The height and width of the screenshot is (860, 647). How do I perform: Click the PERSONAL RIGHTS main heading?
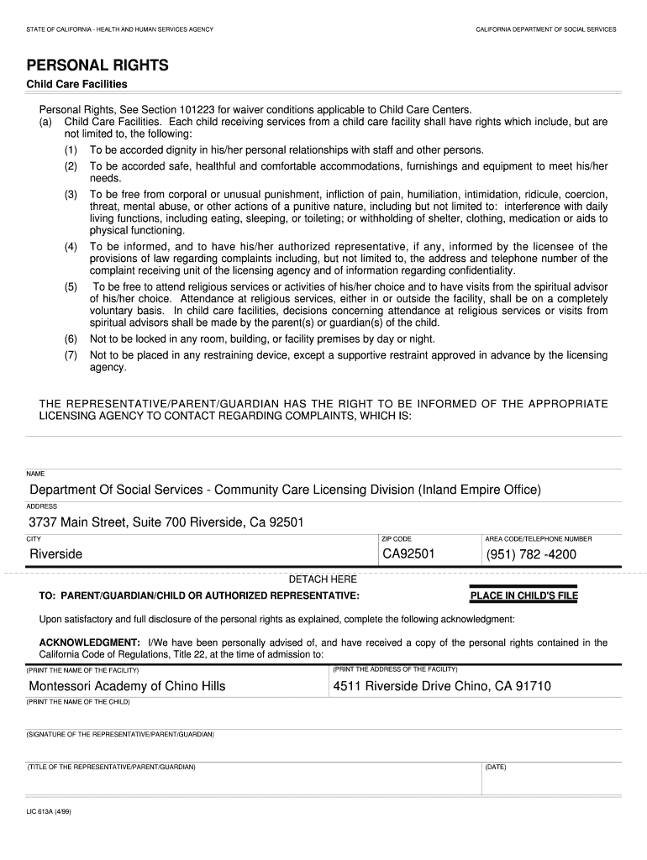97,65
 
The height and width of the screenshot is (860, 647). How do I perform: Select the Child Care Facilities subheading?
77,84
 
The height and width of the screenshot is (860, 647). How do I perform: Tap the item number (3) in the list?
71,194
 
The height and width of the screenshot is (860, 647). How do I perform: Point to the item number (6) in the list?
71,338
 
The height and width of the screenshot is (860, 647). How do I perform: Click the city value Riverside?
56,554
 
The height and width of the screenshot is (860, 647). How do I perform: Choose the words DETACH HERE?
323,579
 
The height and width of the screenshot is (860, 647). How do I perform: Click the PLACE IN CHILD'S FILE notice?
524,596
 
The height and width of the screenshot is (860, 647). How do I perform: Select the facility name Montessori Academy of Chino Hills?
128,686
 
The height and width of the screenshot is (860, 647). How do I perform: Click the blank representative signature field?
252,749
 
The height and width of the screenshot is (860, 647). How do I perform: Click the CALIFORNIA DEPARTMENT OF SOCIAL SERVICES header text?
545,29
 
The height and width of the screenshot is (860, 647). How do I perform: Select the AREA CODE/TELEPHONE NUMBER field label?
538,538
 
